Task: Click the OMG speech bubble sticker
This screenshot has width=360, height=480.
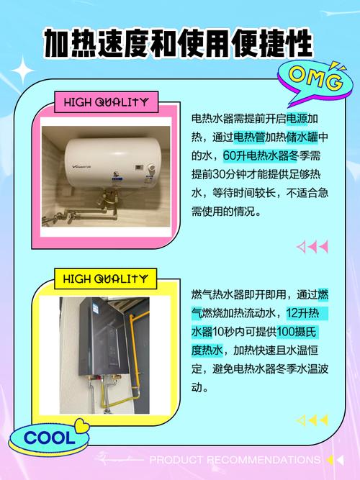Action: coord(315,83)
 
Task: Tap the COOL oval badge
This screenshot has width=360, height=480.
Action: coord(49,438)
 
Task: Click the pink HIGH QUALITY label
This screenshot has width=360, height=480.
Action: coord(106,102)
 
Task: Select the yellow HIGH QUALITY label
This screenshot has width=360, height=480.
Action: coord(105,279)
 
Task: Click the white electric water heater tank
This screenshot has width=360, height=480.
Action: coord(111,163)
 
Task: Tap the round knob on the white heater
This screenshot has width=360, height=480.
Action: coord(150,168)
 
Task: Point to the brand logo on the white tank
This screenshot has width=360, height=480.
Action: coord(81,167)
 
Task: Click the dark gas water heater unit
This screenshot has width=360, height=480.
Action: coord(104,336)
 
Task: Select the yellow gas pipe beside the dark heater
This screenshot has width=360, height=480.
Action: coord(135,352)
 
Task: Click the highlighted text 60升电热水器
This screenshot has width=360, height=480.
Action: coord(256,156)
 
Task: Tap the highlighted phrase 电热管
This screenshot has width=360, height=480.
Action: coord(249,137)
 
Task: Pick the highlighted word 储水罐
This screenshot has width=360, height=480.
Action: coord(302,137)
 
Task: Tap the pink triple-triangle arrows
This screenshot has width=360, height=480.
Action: coord(312,246)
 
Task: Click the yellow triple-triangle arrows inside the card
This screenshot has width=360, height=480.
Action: coord(312,420)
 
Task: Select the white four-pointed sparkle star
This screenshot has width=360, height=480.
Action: coord(22,71)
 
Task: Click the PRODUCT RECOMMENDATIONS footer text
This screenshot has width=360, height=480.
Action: coord(235,460)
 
